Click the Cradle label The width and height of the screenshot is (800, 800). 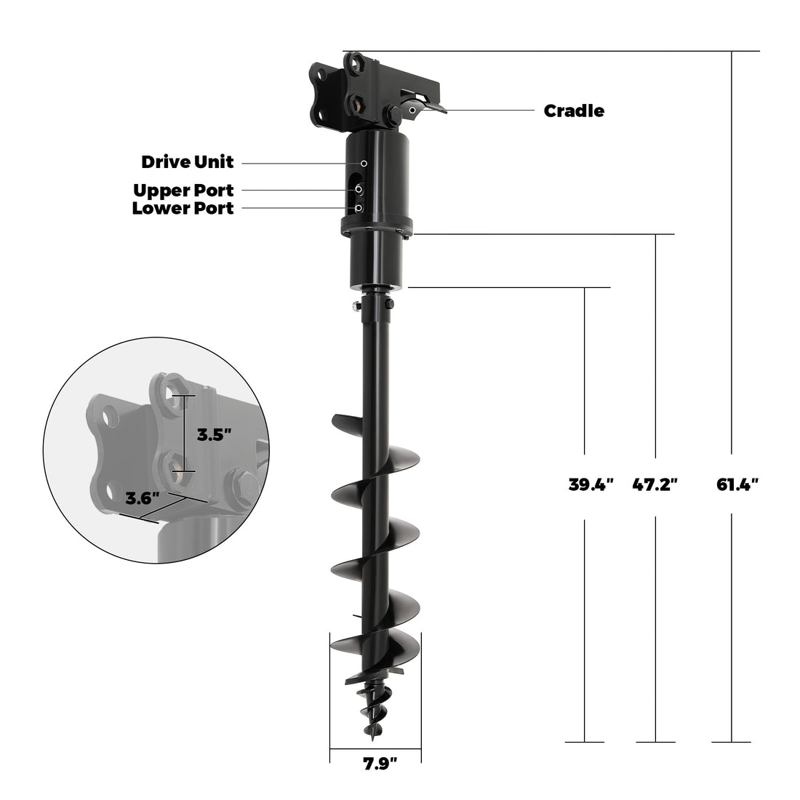[574, 111]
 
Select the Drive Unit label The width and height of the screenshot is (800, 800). [188, 161]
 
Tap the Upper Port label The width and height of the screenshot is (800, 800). [183, 190]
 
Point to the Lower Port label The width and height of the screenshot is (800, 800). [183, 209]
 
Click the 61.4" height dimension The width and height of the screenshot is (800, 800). [737, 484]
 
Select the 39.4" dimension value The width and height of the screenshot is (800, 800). [591, 484]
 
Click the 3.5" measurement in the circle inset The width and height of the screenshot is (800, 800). [215, 436]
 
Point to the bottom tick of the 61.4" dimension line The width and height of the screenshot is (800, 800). [731, 742]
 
